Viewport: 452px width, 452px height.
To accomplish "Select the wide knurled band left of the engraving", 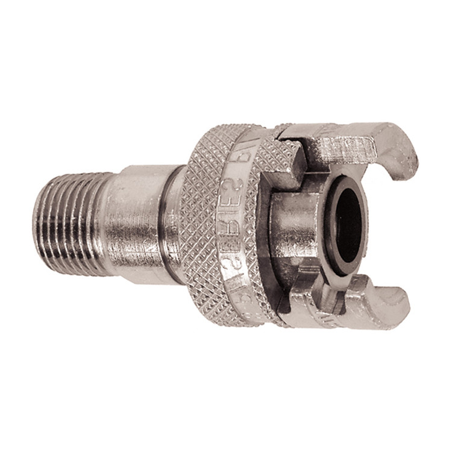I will (x=208, y=217).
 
